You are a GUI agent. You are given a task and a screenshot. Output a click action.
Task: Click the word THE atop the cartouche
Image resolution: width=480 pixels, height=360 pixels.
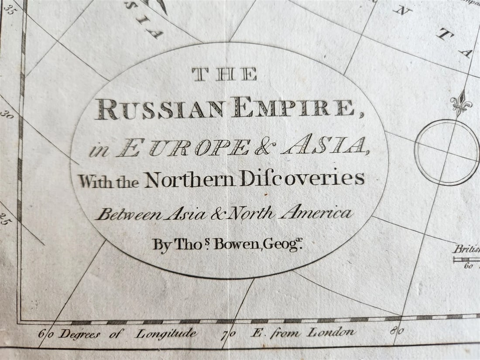tap(224, 75)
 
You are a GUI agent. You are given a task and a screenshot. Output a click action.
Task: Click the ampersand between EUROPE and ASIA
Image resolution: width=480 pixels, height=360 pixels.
tap(263, 147)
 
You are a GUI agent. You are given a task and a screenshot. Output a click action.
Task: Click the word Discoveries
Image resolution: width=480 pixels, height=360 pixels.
tap(302, 178)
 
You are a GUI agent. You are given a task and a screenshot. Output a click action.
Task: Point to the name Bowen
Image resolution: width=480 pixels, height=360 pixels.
tap(236, 244)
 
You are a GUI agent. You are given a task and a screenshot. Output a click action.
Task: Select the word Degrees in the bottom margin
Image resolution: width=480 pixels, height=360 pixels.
tap(80, 335)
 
